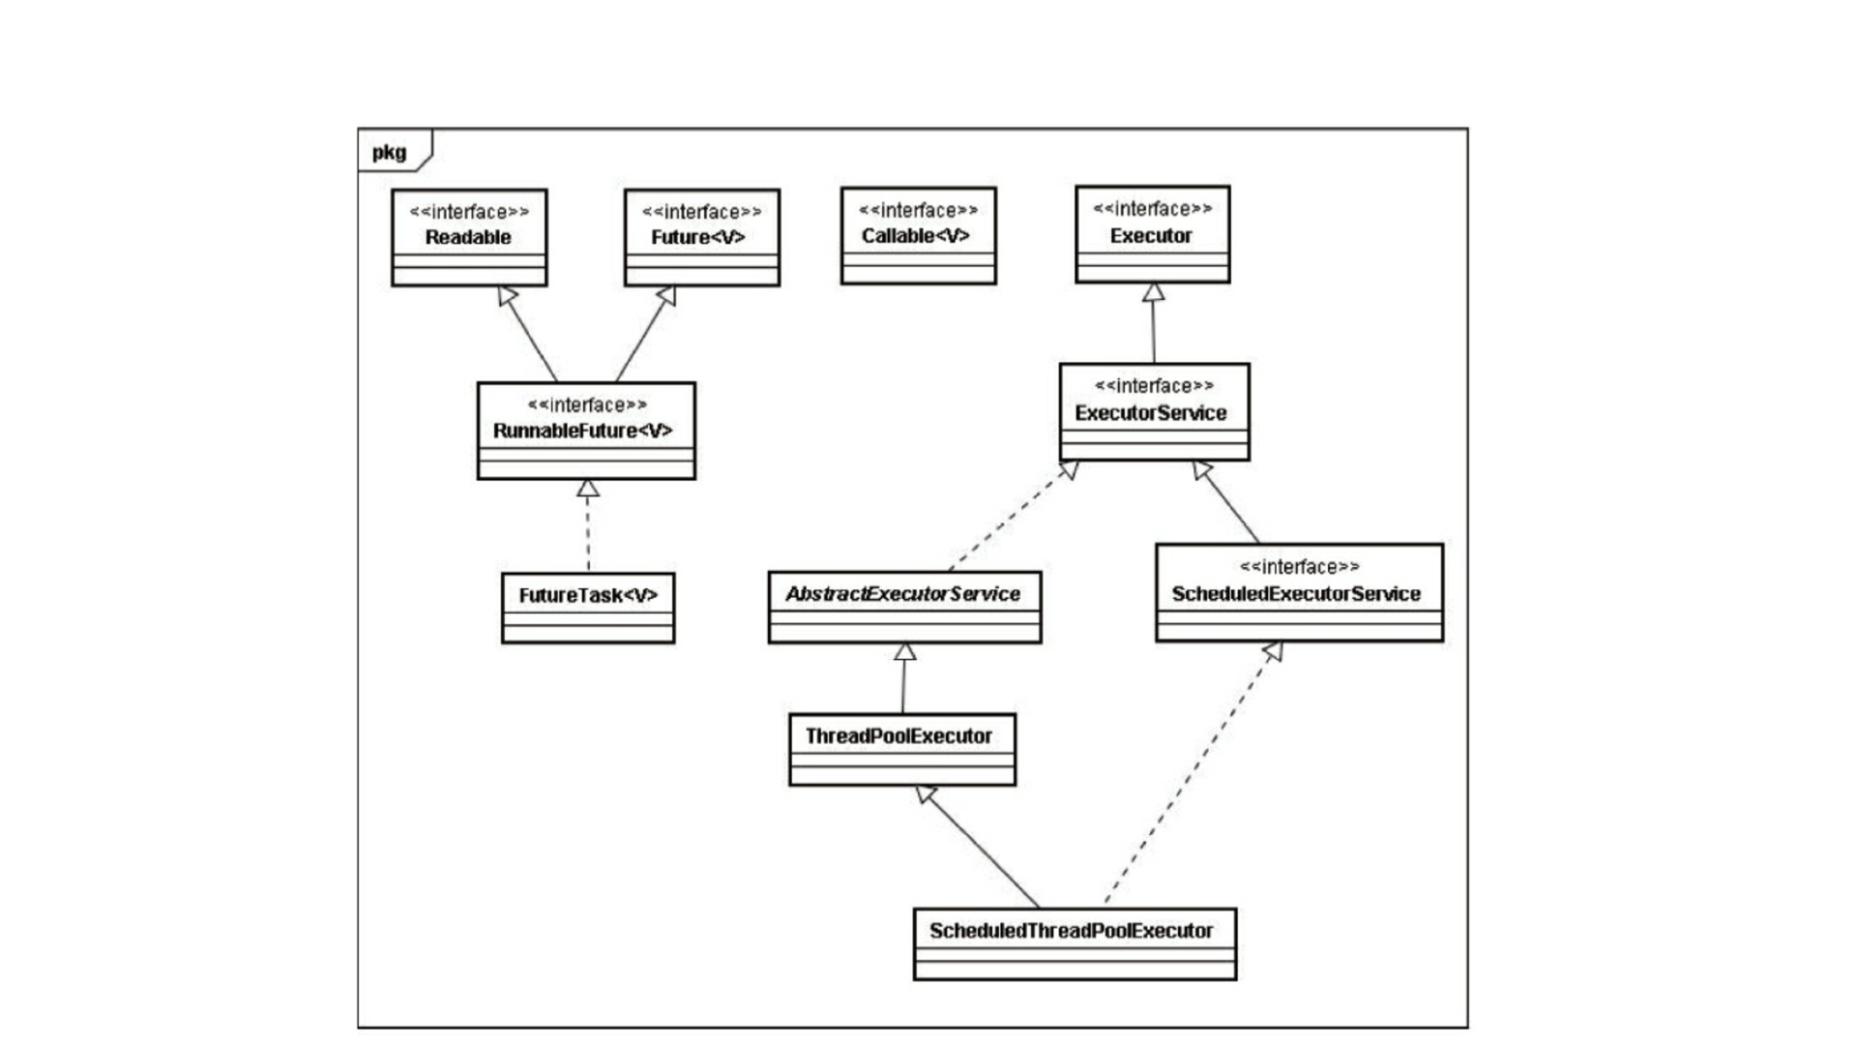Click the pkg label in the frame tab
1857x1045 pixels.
click(389, 153)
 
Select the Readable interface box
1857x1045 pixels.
click(469, 237)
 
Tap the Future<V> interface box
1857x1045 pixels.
click(702, 237)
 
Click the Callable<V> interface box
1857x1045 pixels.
click(918, 235)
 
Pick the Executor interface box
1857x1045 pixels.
click(1153, 234)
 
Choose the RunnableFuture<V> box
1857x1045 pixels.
click(586, 431)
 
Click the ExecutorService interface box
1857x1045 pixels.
click(1154, 412)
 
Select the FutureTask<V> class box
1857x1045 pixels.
click(588, 608)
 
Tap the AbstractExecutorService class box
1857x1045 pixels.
click(904, 607)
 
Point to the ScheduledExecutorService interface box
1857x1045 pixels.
click(1299, 592)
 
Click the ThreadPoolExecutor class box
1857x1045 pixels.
click(902, 750)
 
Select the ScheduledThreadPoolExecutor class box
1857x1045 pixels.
click(1075, 943)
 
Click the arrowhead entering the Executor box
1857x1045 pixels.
click(1153, 291)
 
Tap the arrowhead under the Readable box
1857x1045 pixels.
click(507, 295)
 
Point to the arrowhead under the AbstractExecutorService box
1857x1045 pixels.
click(904, 652)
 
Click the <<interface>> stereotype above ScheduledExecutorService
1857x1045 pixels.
click(1299, 567)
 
